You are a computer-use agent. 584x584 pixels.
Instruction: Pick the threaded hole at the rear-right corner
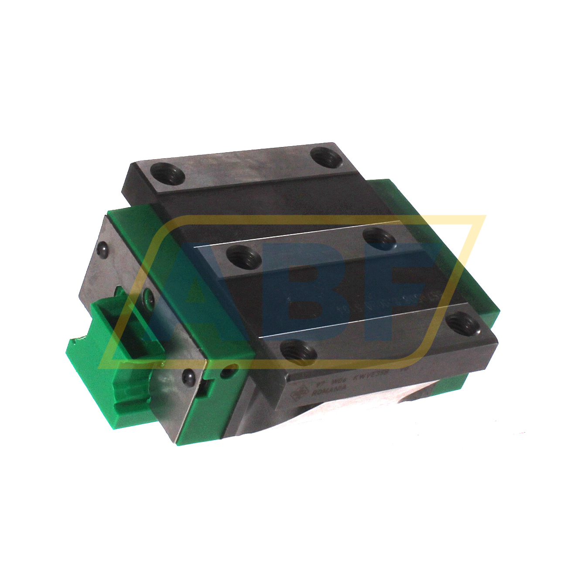(325, 156)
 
